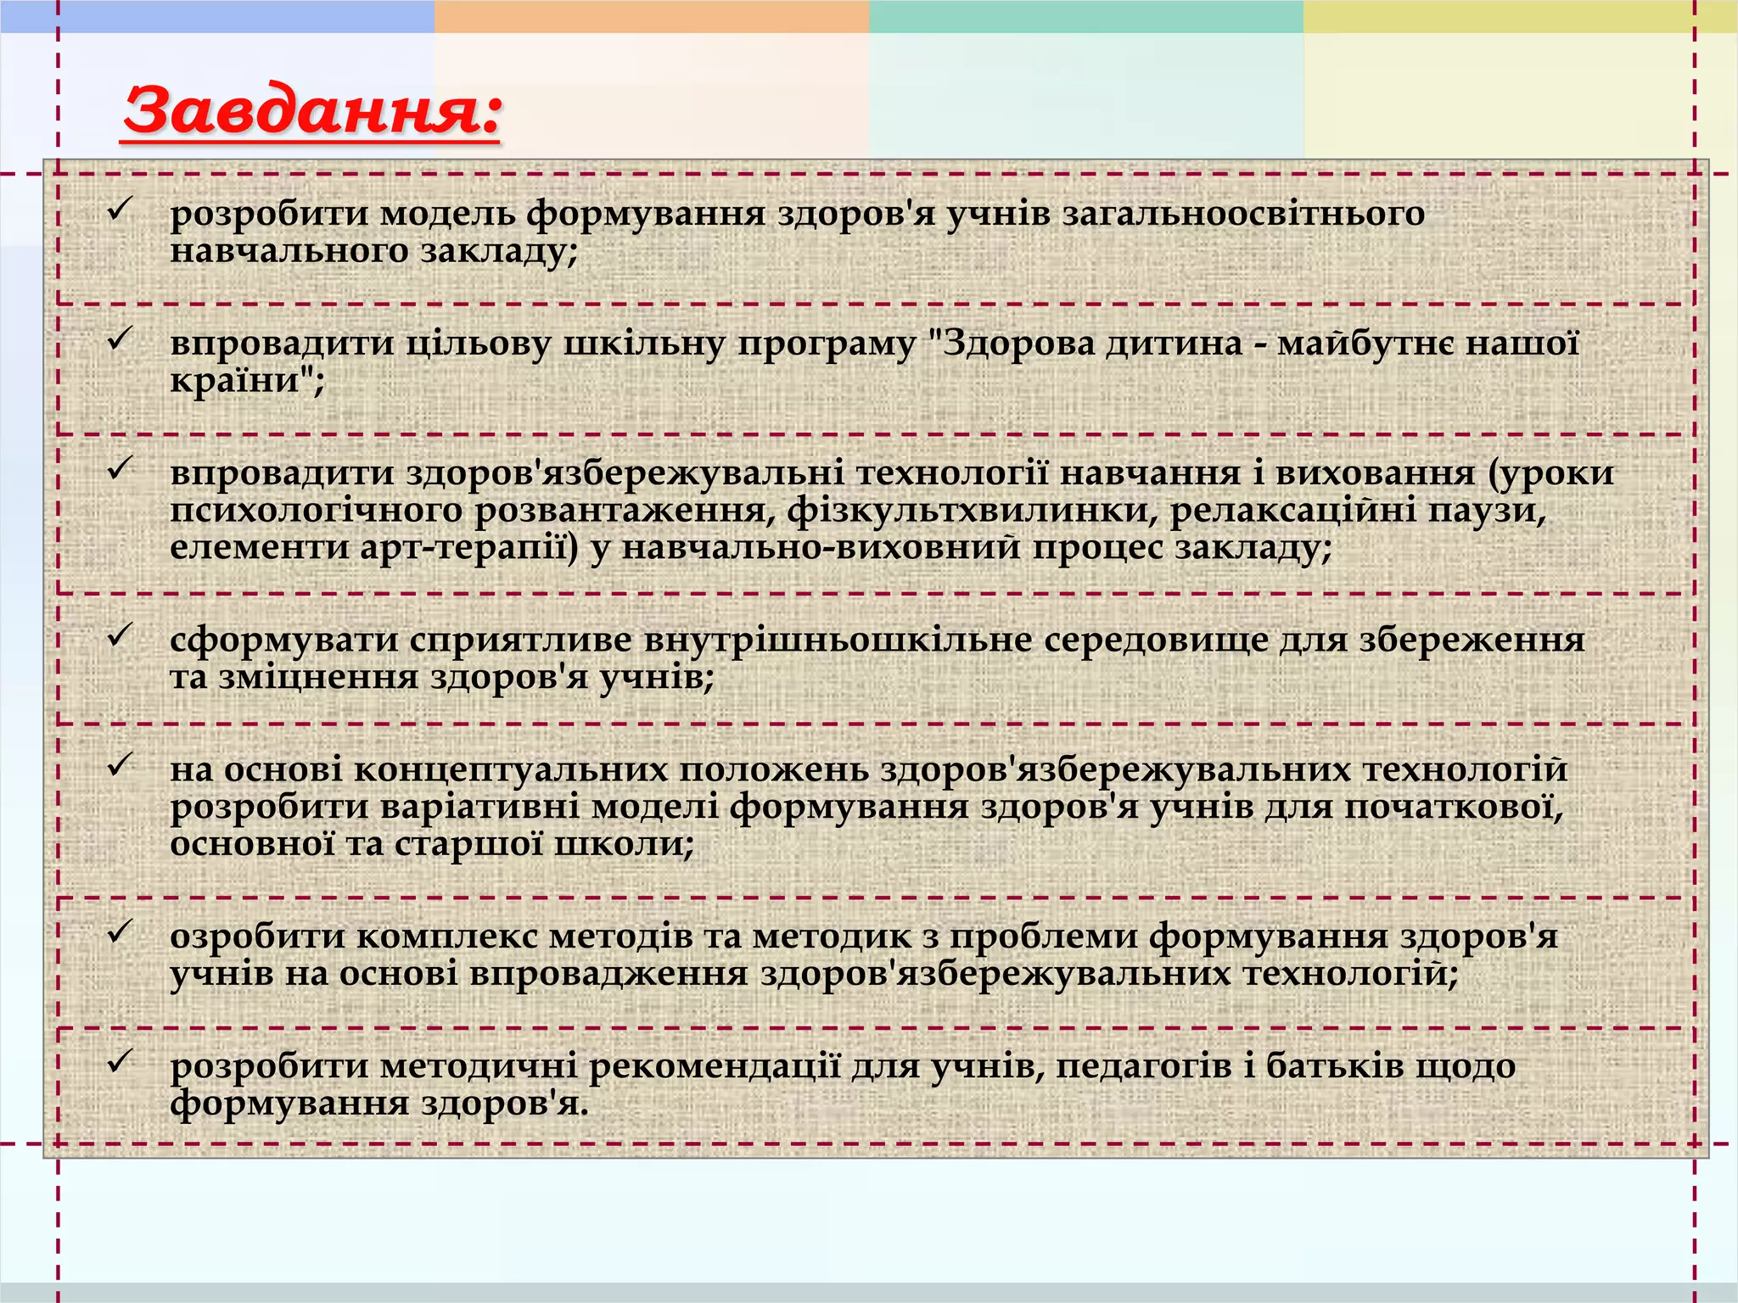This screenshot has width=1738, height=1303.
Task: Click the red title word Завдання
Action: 311,111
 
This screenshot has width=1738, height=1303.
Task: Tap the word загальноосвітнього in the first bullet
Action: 1243,214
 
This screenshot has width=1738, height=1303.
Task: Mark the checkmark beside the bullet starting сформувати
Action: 120,634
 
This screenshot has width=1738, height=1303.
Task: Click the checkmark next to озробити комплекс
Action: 120,930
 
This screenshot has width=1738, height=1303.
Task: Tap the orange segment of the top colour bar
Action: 651,16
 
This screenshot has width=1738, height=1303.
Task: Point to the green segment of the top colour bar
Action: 1085,16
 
